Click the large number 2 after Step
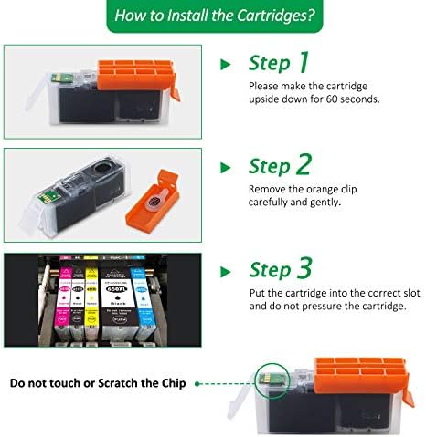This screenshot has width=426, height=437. (304, 165)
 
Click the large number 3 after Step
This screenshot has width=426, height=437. (304, 268)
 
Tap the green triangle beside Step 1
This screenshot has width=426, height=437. (225, 65)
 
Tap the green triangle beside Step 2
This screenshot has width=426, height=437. (225, 167)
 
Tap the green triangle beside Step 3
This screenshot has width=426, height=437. (225, 270)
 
